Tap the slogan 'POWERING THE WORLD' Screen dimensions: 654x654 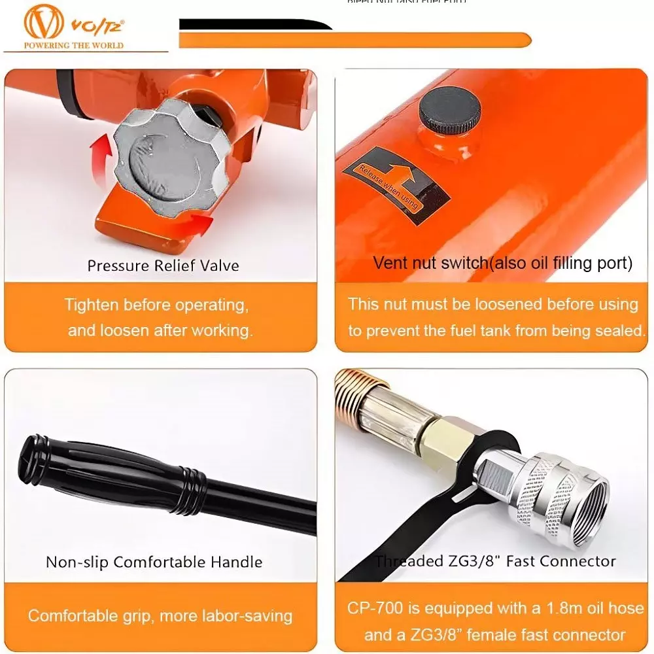click(x=74, y=46)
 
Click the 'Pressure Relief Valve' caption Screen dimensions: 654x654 click(x=163, y=266)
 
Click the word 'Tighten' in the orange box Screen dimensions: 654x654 click(x=91, y=305)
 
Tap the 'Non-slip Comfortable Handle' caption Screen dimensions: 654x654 click(x=154, y=562)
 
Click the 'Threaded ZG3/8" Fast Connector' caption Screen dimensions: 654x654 click(x=495, y=561)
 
